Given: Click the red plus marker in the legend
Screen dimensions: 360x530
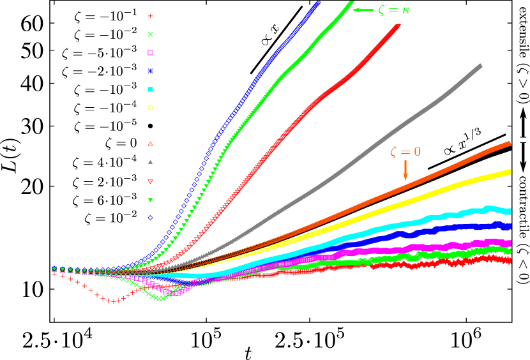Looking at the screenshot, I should [x=151, y=16].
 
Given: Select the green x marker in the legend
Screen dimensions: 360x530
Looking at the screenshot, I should [x=151, y=34].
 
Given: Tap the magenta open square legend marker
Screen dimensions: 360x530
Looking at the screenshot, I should [x=151, y=52].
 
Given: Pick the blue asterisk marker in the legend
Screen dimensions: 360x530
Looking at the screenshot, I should [x=151, y=70].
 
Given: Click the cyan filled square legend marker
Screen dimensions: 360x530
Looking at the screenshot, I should [x=151, y=89].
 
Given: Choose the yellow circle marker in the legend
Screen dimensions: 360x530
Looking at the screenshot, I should [x=151, y=107].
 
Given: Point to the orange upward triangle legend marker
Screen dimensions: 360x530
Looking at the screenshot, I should [x=151, y=144].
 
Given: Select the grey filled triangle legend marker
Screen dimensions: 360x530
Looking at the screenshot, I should [x=151, y=161].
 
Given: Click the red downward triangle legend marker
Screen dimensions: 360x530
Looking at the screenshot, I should [x=151, y=182].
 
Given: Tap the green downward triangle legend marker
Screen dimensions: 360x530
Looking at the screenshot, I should [x=151, y=200].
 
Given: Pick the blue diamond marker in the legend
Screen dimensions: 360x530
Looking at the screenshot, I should [x=151, y=218].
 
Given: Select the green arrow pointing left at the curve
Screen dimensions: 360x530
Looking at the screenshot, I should [x=363, y=10].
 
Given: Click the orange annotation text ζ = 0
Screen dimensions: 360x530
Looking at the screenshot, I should [x=405, y=152].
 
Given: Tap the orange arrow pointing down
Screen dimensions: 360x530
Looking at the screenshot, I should [x=405, y=170].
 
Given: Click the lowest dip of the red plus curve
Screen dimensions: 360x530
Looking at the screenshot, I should [x=114, y=301].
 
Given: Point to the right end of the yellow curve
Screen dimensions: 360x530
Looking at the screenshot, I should [x=509, y=171].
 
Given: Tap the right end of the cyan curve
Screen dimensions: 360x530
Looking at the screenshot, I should [x=509, y=211].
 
